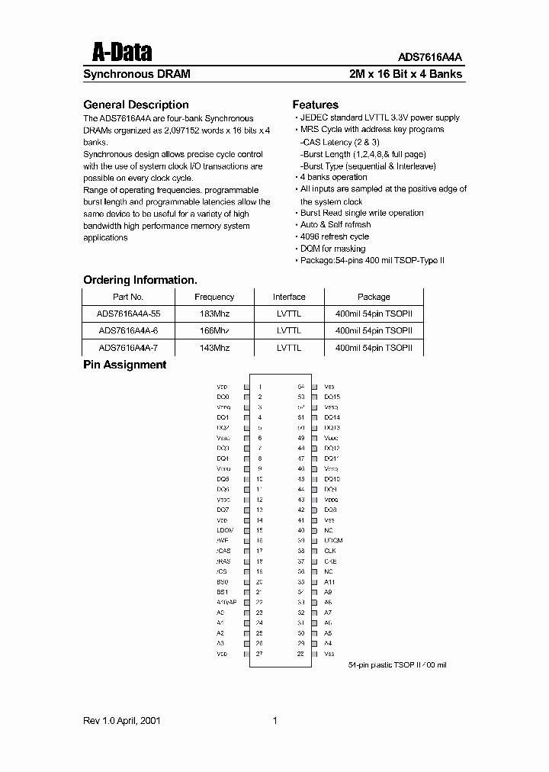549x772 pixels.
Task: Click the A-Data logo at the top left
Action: point(121,52)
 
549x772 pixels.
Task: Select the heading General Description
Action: point(135,105)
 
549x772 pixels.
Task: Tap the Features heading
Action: point(315,105)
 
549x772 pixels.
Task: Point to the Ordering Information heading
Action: point(140,280)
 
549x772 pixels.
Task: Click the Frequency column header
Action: point(214,297)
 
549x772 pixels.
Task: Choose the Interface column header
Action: point(289,297)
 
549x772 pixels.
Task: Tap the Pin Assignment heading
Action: point(124,365)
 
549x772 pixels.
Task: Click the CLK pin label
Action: point(329,551)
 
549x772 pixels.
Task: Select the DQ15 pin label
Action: point(332,397)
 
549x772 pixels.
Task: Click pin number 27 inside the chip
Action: point(260,654)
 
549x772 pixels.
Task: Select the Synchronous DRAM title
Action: point(136,75)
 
